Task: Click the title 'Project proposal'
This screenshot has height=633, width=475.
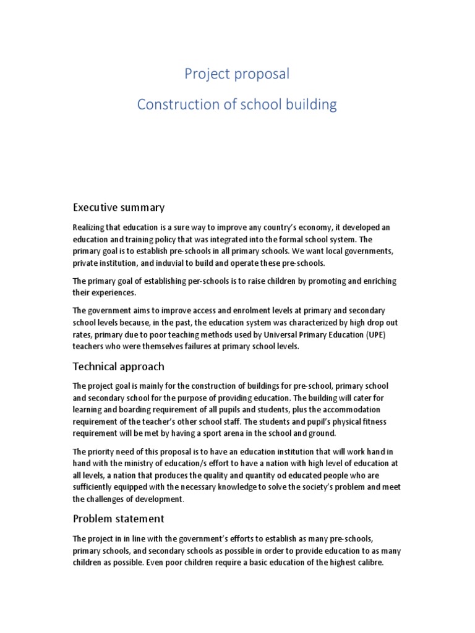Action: point(237,74)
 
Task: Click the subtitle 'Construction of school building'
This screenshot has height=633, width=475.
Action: point(237,104)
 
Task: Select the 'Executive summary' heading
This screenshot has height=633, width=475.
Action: point(119,206)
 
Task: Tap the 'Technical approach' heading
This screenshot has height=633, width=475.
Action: point(119,367)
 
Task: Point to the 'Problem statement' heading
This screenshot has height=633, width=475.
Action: point(119,518)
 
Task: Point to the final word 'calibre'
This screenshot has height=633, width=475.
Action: point(367,563)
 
